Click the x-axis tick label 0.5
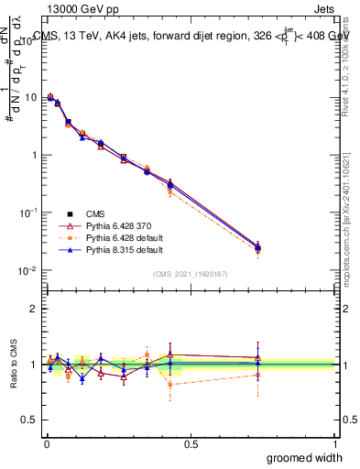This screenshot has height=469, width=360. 191,442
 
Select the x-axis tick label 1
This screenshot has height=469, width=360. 334,442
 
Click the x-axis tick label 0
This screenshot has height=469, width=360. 47,442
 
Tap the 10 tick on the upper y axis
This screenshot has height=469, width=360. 31,97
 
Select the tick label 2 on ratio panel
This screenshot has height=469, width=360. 35,310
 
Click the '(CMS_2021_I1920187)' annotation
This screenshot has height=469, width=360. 191,274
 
